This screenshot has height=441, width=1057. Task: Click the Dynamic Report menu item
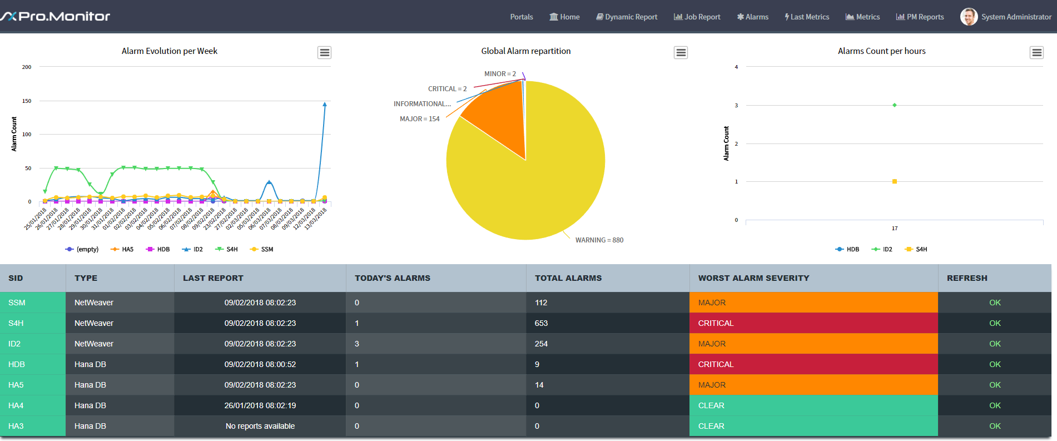pos(627,17)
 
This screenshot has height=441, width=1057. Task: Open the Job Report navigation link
pos(697,17)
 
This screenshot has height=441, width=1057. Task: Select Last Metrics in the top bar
pos(807,17)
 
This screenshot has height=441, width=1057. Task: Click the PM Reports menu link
pos(920,17)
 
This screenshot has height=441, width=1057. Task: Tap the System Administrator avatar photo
pos(969,17)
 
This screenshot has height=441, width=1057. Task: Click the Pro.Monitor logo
pos(55,16)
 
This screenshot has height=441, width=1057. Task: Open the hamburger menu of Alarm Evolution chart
pos(325,52)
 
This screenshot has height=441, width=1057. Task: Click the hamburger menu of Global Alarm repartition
pos(681,52)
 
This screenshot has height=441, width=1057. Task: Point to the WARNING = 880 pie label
pos(599,240)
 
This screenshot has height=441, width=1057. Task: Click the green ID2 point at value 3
pos(895,105)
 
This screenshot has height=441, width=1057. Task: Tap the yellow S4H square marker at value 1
pos(895,181)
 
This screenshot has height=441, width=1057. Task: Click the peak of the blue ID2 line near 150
pos(325,104)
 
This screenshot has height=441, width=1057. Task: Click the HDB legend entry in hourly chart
pos(847,249)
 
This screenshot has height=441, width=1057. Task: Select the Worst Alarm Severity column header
pos(753,278)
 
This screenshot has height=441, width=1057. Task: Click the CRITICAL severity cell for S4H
pos(813,323)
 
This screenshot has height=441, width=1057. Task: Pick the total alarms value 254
pos(541,344)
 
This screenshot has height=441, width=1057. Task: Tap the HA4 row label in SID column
pos(16,405)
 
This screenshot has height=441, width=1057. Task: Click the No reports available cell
pos(260,426)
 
